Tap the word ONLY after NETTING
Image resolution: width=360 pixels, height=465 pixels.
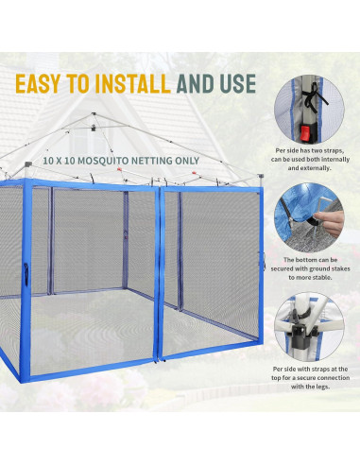pyautogui.click(x=209, y=162)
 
